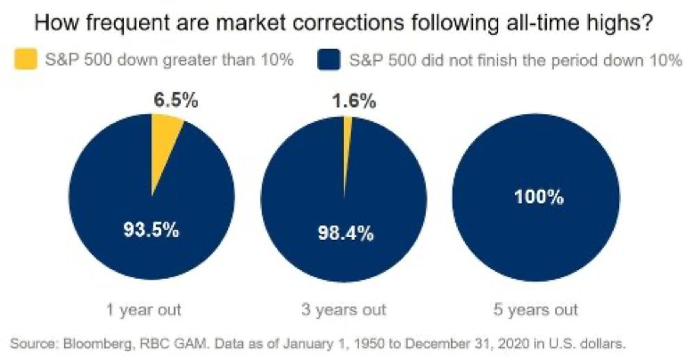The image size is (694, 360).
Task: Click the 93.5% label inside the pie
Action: [x=151, y=229]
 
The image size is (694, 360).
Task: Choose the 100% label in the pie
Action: [x=538, y=198]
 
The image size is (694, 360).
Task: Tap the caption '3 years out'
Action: [x=346, y=310]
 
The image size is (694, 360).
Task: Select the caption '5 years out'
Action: [x=536, y=310]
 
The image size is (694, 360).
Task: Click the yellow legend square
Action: [x=23, y=61]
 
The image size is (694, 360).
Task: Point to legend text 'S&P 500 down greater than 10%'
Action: [x=164, y=61]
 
